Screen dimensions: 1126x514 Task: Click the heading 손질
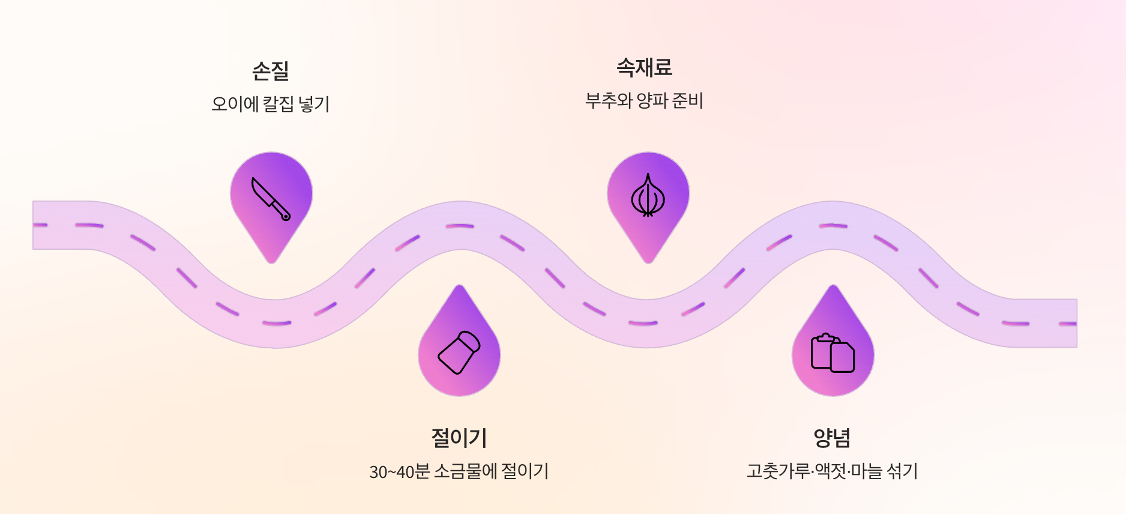(270, 71)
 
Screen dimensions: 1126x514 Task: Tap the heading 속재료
(644, 67)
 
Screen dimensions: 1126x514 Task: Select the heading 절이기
(459, 438)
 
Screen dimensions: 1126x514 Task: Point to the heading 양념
(832, 438)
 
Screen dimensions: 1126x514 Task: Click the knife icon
(271, 199)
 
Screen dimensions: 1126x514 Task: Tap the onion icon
(648, 196)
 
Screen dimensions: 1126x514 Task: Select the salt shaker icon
(459, 352)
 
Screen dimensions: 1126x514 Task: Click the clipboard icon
(832, 353)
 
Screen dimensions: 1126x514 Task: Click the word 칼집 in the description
(278, 104)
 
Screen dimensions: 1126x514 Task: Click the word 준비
(687, 100)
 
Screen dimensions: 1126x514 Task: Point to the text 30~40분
(399, 471)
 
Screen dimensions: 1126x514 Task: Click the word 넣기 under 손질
(314, 104)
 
